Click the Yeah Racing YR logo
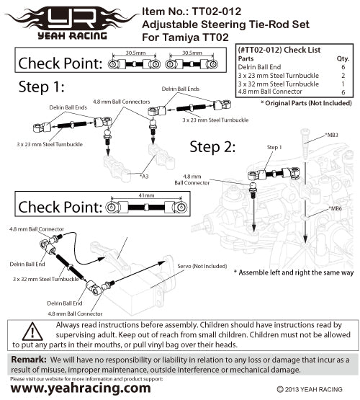pyautogui.click(x=72, y=23)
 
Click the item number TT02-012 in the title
pyautogui.click(x=216, y=12)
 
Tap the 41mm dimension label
pyautogui.click(x=146, y=195)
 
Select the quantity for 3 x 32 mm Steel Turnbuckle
pyautogui.click(x=343, y=84)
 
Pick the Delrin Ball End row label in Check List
pyautogui.click(x=259, y=67)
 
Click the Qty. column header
pyautogui.click(x=343, y=58)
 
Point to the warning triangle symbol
pyautogui.click(x=32, y=332)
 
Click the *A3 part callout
pyautogui.click(x=144, y=177)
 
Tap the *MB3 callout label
pyautogui.click(x=331, y=135)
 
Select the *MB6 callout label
pyautogui.click(x=335, y=208)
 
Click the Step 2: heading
pyautogui.click(x=212, y=147)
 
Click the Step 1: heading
pyautogui.click(x=41, y=86)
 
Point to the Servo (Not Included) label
pyautogui.click(x=202, y=266)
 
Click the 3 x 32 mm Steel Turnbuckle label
pyautogui.click(x=46, y=279)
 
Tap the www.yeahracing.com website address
pyautogui.click(x=81, y=388)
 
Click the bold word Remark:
pyautogui.click(x=29, y=360)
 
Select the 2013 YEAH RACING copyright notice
pyautogui.click(x=310, y=389)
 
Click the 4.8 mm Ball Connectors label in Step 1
pyautogui.click(x=121, y=102)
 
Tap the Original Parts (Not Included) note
pyautogui.click(x=306, y=103)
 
